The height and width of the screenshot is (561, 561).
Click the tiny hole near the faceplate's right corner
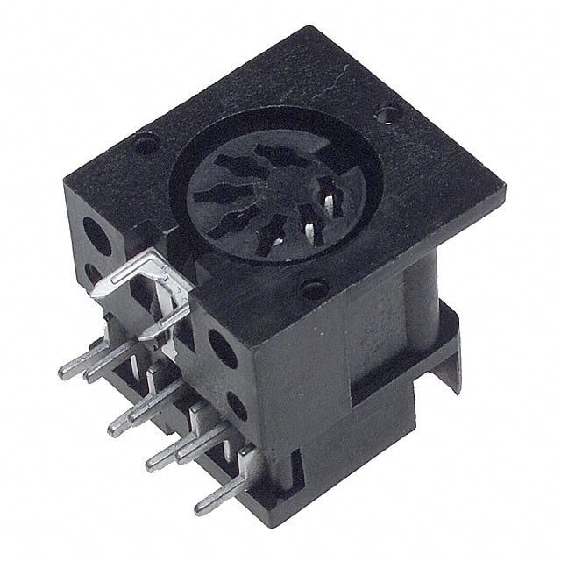(x=386, y=112)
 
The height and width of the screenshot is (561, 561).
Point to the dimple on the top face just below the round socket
(x=312, y=288)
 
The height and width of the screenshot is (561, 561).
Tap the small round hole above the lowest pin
(x=237, y=404)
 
